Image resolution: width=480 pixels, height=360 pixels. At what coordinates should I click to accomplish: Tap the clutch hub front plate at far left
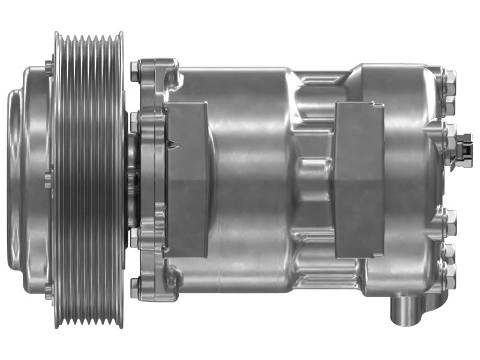(18, 180)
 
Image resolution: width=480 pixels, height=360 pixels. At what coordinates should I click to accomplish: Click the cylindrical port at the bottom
(408, 309)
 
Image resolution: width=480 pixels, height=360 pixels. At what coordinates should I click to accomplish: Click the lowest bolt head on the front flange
(135, 289)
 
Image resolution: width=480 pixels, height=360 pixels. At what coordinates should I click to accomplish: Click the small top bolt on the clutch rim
(49, 67)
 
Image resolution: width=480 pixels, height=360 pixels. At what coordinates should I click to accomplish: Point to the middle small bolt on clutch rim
(49, 179)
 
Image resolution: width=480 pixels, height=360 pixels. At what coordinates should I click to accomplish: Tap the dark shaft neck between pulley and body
(133, 180)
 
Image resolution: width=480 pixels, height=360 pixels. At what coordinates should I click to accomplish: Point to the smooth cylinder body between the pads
(252, 180)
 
